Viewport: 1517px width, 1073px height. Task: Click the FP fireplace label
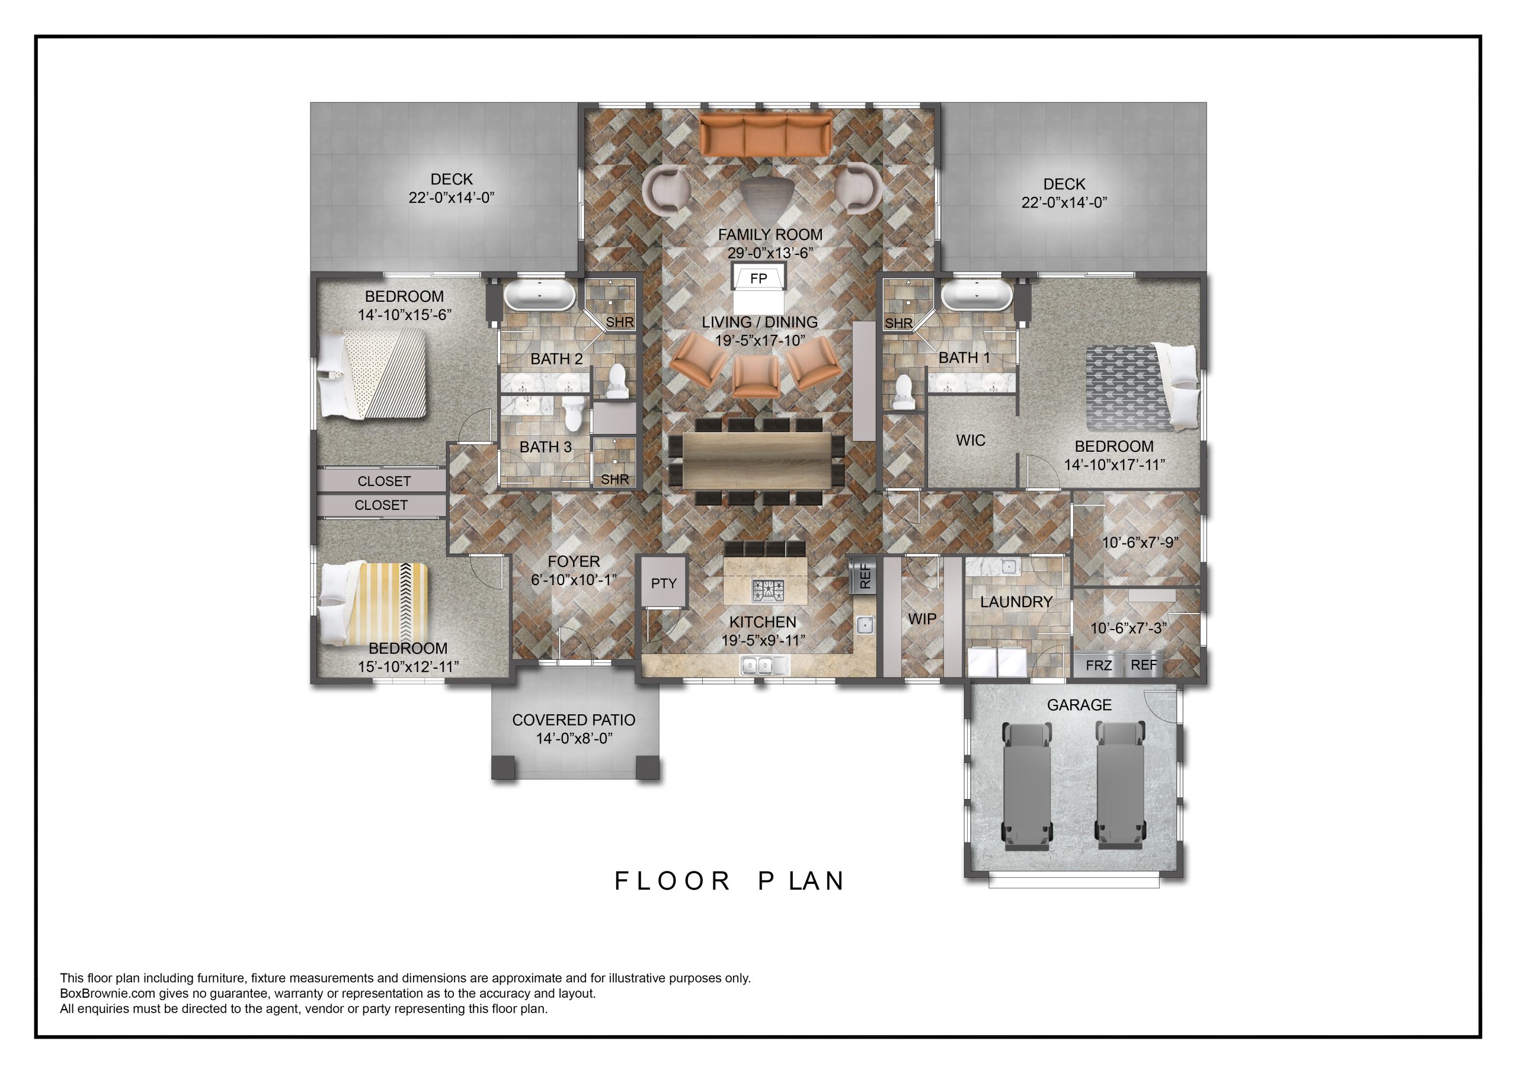[758, 279]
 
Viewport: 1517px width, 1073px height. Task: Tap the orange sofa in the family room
[766, 135]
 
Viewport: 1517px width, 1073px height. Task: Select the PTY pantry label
[663, 583]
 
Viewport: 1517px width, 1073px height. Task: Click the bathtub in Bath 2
[539, 295]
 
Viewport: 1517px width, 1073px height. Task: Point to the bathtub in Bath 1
[977, 295]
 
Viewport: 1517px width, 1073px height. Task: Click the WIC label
[970, 440]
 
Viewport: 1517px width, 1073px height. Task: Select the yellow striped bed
[375, 603]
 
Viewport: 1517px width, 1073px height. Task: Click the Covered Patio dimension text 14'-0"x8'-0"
[574, 738]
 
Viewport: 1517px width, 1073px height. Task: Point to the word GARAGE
[1079, 705]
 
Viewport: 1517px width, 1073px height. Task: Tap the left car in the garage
[1028, 785]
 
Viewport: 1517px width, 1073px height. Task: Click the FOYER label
[574, 561]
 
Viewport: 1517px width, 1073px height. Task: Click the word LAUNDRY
[1016, 602]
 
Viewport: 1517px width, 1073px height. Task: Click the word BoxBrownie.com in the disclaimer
[107, 993]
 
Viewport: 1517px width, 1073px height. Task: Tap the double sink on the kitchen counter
[764, 665]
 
